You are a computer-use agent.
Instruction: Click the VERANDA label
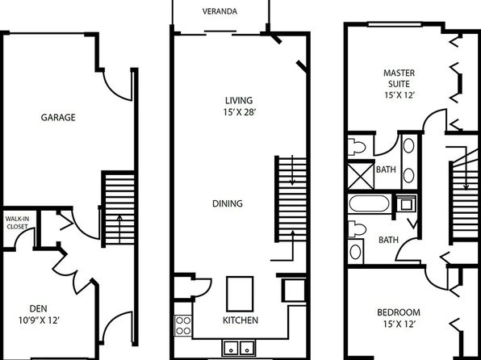220,11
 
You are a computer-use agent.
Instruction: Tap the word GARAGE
58,117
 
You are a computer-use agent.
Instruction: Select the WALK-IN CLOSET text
17,223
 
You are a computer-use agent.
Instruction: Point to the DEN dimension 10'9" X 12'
39,320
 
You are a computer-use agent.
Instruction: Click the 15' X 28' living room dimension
240,112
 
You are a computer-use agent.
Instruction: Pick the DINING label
228,203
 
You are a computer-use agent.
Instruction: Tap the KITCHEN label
240,320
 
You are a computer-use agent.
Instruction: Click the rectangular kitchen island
240,294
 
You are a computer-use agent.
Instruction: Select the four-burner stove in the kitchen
183,325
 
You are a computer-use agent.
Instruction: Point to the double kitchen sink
239,348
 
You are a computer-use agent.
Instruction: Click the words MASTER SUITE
399,78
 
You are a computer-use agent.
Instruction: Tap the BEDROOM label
399,312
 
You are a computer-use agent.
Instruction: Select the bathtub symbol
369,203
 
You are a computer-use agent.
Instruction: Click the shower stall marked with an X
361,176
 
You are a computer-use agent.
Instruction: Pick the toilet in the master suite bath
357,147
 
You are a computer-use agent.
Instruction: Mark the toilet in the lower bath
357,229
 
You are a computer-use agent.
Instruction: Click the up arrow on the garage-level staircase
119,228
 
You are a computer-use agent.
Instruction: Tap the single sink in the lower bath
356,251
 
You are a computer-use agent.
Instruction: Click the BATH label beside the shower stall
386,170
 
